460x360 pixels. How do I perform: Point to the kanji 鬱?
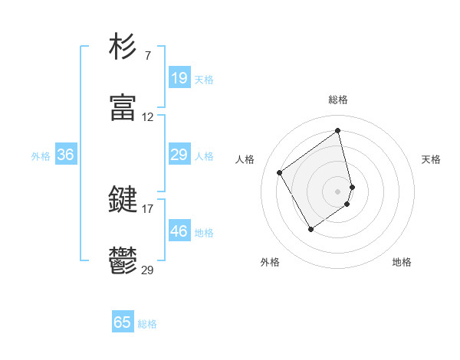(123, 261)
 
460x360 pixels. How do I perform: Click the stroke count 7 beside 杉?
(147, 55)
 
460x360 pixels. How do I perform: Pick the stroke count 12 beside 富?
(147, 117)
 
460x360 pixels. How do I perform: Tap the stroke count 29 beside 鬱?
(147, 270)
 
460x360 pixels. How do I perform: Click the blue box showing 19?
(179, 77)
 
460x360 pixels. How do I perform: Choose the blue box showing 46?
(179, 231)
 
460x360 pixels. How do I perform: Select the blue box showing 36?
(65, 155)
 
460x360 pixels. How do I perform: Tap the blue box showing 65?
(123, 322)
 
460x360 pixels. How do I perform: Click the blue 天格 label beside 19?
(203, 79)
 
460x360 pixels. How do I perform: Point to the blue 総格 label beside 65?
(147, 324)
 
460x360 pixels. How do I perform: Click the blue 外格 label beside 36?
(41, 156)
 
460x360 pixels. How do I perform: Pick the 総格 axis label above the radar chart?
(338, 100)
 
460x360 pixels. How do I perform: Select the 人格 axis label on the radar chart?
(245, 159)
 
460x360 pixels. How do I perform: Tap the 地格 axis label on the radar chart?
(402, 262)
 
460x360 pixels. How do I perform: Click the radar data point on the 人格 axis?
(280, 172)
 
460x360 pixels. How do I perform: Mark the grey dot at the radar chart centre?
(338, 190)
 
